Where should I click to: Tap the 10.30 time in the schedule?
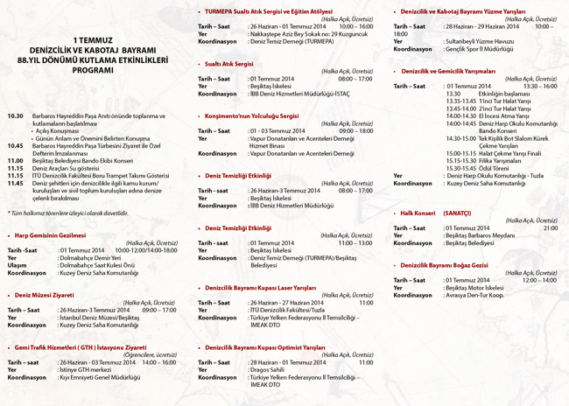click(x=15, y=115)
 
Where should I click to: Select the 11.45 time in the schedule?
click(x=15, y=182)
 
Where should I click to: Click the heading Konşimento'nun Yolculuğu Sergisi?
click(x=252, y=115)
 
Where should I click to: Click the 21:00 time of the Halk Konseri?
click(x=550, y=227)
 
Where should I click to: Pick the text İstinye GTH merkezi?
click(x=88, y=369)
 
